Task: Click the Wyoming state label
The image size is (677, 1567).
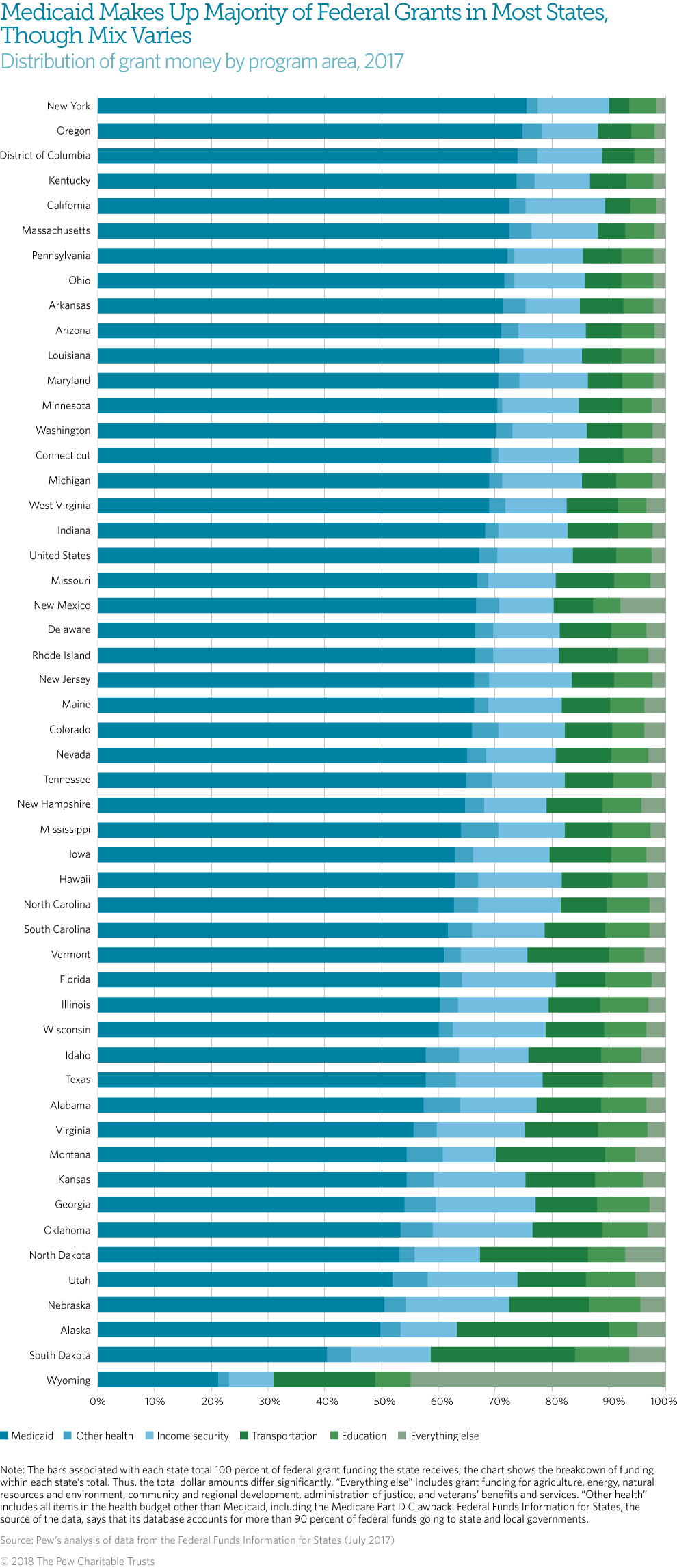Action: [68, 1380]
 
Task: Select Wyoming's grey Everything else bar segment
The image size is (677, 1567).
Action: [537, 1379]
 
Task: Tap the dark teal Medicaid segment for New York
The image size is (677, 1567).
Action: [312, 106]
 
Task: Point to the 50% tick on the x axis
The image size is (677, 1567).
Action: [384, 1401]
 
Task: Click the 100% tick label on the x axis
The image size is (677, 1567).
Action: [663, 1401]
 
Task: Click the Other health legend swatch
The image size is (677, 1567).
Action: [67, 1436]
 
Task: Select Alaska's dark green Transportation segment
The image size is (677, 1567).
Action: [533, 1329]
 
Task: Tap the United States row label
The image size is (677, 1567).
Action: [59, 555]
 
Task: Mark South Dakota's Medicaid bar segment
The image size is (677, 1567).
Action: [212, 1354]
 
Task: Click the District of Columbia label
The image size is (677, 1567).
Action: [45, 155]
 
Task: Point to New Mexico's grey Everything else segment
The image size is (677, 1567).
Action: [643, 605]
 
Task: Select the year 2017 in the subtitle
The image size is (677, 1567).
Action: [384, 62]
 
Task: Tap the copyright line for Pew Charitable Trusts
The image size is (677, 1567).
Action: [77, 1561]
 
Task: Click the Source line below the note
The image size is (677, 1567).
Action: [197, 1540]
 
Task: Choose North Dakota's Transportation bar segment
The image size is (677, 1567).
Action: [533, 1255]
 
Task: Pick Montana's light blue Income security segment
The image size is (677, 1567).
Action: [469, 1155]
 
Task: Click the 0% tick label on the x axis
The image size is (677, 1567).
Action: [98, 1401]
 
